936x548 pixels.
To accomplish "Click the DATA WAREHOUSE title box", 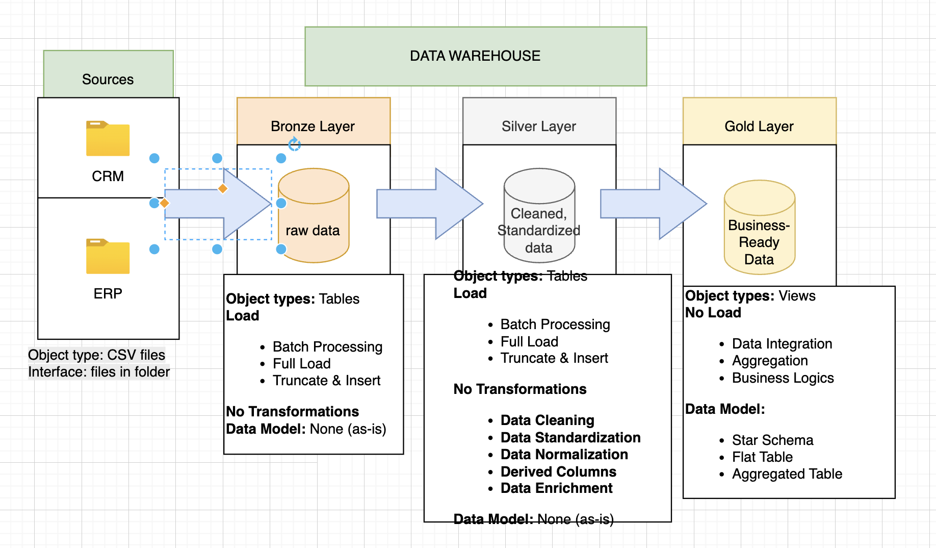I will click(x=475, y=56).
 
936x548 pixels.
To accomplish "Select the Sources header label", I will click(x=108, y=79).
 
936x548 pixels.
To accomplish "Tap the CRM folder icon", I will click(x=108, y=138).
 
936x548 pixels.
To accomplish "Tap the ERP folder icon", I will click(x=108, y=256).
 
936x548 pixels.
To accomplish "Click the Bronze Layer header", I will click(x=313, y=126).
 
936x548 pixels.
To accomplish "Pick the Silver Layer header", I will click(x=539, y=126).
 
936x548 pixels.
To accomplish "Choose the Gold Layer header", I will click(x=759, y=126).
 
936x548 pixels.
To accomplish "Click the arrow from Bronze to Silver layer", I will click(x=428, y=204).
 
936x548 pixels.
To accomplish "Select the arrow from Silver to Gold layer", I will click(x=653, y=204).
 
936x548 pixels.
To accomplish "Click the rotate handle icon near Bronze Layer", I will click(x=294, y=144).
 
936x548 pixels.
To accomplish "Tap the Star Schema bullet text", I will click(x=772, y=440).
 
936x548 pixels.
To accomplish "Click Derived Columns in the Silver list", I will click(x=558, y=471).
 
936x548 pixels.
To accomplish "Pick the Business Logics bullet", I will click(x=783, y=378).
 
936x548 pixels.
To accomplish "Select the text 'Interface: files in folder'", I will click(x=99, y=372).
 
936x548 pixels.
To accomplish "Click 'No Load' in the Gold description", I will click(x=713, y=313).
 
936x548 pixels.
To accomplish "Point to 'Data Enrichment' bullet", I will click(x=556, y=488).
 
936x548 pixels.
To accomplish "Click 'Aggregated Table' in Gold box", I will click(x=787, y=474).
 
